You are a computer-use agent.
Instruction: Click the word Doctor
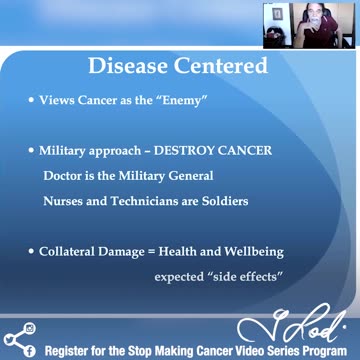[x=65, y=175]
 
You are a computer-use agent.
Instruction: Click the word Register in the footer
[x=72, y=351]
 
